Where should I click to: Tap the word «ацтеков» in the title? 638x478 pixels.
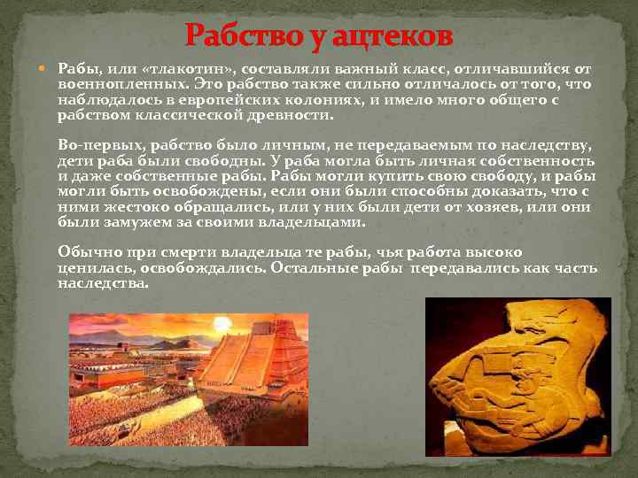tap(390, 36)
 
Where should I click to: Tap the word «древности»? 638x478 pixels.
tap(292, 116)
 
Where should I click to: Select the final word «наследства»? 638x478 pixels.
tap(104, 283)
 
